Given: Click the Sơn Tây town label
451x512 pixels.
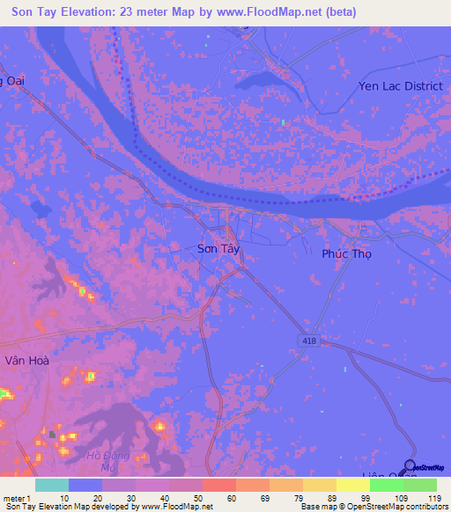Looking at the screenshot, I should (x=218, y=249).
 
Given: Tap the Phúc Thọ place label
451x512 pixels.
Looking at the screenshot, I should (x=346, y=253).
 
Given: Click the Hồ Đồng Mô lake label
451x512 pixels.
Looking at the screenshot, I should (x=108, y=461).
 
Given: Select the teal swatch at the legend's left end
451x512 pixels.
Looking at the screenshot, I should (x=52, y=485).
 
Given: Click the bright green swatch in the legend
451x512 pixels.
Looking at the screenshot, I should (x=386, y=485).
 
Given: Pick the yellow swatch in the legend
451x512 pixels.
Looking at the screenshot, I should (x=352, y=485).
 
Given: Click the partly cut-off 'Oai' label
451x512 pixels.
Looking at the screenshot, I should (x=12, y=82).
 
